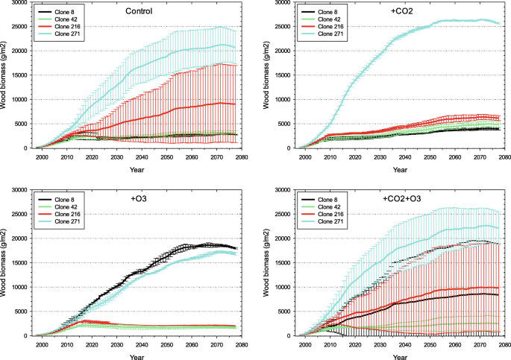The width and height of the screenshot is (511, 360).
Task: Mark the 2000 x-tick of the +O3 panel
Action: coord(42,344)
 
